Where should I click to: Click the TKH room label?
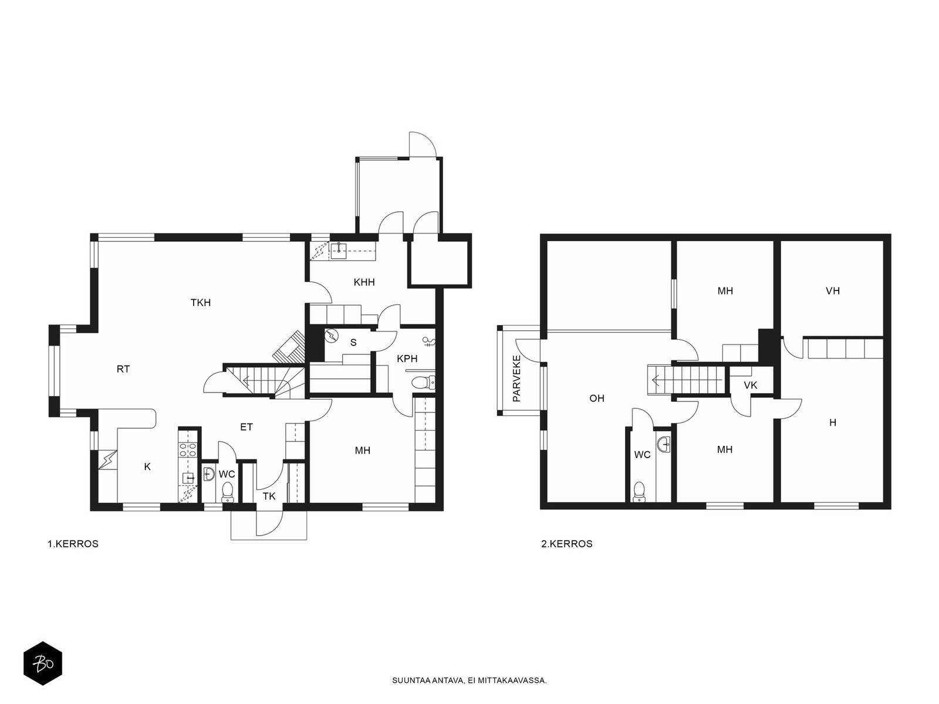(x=201, y=303)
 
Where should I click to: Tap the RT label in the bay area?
(x=123, y=370)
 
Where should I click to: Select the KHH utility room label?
(x=364, y=282)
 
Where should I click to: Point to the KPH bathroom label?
(x=407, y=358)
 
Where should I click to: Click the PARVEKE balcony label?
(x=516, y=378)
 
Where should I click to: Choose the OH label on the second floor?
(x=597, y=398)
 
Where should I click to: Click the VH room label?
(x=832, y=291)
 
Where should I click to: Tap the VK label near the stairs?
(x=751, y=385)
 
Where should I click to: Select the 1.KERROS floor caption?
(x=73, y=544)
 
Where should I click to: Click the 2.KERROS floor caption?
(x=567, y=544)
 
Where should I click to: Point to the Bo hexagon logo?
(x=43, y=664)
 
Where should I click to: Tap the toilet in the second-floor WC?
(x=639, y=492)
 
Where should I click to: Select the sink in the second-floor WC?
(x=664, y=445)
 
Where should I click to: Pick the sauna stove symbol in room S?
(x=330, y=336)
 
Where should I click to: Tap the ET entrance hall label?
(x=246, y=427)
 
